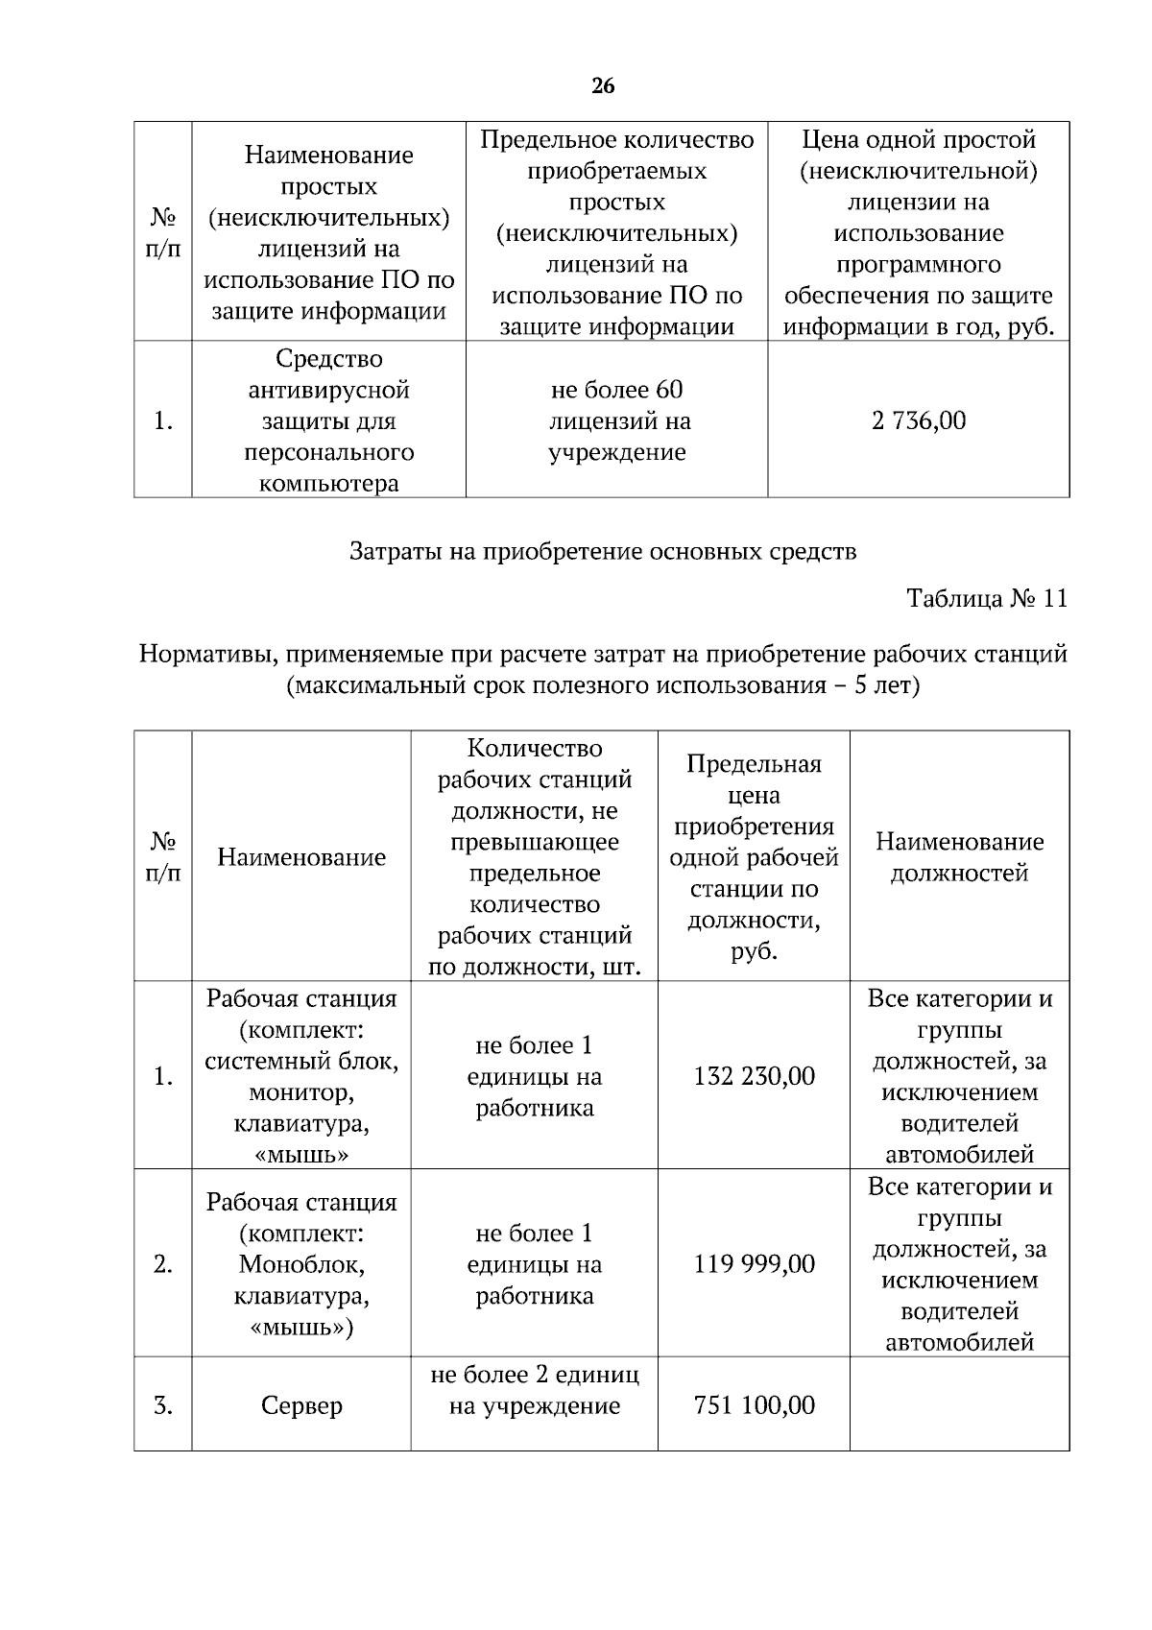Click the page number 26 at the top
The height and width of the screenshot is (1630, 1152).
pos(603,86)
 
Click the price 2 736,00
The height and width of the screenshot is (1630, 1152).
pos(919,420)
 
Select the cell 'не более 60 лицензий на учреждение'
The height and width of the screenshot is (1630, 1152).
pos(616,420)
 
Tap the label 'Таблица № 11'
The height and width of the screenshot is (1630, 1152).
pos(986,599)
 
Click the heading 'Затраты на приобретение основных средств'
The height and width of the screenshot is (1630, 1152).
pos(603,552)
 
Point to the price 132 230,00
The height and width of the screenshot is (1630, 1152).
pos(754,1076)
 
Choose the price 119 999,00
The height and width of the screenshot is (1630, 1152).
pos(754,1264)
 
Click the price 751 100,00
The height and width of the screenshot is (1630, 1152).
pos(754,1405)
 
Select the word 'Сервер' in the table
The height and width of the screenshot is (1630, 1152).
pos(301,1406)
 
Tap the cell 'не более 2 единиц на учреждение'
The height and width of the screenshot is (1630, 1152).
pos(535,1390)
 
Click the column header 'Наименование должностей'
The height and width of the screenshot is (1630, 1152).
pos(959,857)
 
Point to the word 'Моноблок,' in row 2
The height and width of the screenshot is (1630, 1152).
pos(301,1264)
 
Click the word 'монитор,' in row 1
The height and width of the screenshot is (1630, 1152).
pos(301,1092)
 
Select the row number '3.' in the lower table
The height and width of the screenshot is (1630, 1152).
pos(163,1406)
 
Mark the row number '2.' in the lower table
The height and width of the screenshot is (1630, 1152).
pos(163,1265)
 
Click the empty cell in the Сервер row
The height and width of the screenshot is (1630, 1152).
pos(959,1403)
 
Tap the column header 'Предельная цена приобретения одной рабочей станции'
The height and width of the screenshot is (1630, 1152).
pos(754,857)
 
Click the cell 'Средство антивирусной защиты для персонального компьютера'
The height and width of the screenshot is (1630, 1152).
pos(328,420)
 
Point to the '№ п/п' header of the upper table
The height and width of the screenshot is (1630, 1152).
pos(163,232)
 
